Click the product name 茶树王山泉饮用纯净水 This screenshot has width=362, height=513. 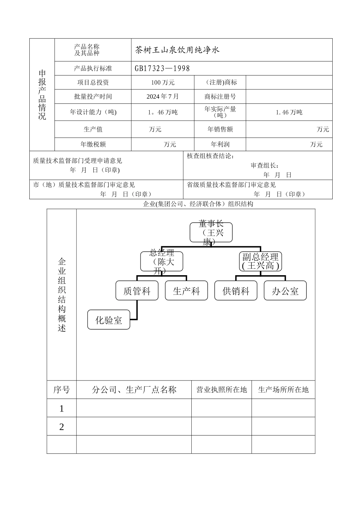coord(177,50)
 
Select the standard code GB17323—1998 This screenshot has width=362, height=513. coord(162,69)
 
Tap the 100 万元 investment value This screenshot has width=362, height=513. coord(163,82)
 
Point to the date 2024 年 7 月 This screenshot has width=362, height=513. coord(163,97)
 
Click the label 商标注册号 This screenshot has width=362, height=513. coord(220,97)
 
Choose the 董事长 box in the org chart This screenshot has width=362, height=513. coord(211,232)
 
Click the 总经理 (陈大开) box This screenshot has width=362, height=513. coord(162,261)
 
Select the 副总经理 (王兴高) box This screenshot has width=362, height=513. coord(261,261)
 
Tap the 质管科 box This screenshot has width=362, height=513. coord(137,291)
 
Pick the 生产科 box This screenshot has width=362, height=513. coord(186,291)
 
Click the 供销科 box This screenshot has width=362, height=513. coord(236,291)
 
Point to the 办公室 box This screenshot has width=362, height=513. coord(285,291)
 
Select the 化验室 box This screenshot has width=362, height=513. coord(109,320)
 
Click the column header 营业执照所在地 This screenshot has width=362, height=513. coord(221,390)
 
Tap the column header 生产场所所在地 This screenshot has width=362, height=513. coord(284,390)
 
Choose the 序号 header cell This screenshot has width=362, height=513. coord(62,390)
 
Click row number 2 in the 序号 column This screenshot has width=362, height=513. coord(62,427)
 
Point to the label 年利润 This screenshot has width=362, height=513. coord(220,144)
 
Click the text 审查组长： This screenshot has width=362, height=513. coord(265,166)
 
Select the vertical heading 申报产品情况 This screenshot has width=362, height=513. coord(42,95)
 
